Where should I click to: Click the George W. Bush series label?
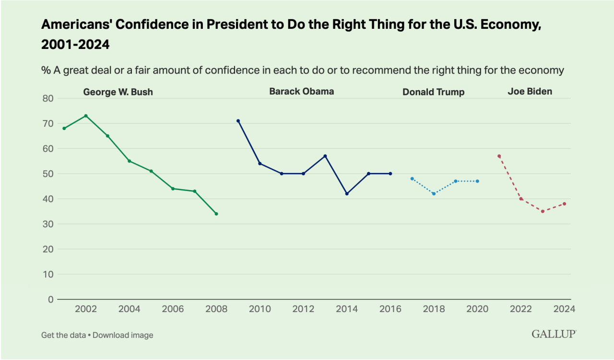click(118, 92)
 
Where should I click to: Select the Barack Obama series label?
click(301, 91)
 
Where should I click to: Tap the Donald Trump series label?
click(434, 92)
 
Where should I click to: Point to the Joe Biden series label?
click(530, 91)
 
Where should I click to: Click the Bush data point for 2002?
click(86, 116)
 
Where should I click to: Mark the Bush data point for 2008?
click(216, 214)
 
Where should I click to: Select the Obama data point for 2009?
click(238, 121)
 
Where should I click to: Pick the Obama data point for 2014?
click(347, 193)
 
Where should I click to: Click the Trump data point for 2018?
click(434, 193)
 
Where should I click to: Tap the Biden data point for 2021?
click(499, 156)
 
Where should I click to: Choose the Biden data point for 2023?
click(543, 211)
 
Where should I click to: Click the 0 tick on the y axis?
click(51, 300)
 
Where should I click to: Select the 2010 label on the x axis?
click(260, 309)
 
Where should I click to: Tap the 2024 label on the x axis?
click(564, 309)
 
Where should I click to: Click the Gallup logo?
click(554, 334)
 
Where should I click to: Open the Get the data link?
click(63, 335)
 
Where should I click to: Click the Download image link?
click(123, 335)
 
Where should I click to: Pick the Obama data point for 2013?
click(325, 156)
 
